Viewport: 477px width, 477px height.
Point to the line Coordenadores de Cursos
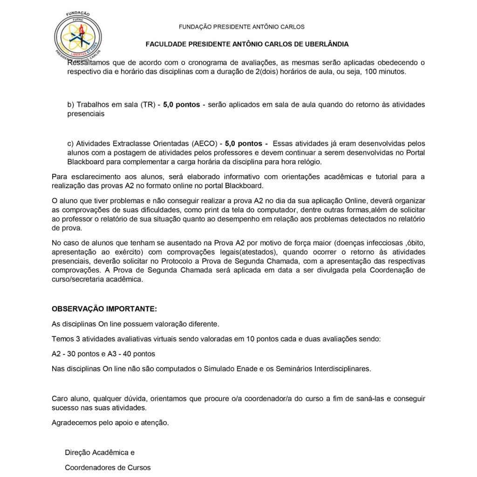click(108, 467)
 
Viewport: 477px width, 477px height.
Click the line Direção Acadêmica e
click(100, 452)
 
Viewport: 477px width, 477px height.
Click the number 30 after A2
click(72, 354)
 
